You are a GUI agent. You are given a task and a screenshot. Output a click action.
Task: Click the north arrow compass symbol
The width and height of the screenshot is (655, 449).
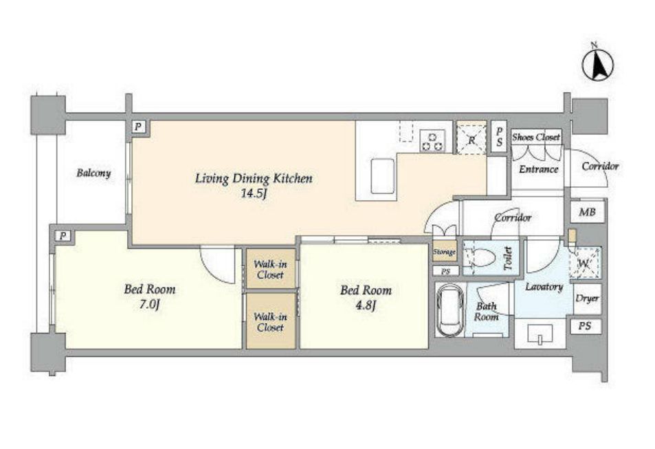click(x=597, y=65)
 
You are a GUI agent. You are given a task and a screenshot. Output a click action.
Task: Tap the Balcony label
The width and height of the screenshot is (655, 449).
click(x=93, y=173)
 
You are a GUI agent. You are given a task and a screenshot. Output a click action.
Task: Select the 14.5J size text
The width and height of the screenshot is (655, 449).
click(x=254, y=194)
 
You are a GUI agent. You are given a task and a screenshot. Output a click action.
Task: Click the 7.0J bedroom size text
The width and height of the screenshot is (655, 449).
click(x=149, y=305)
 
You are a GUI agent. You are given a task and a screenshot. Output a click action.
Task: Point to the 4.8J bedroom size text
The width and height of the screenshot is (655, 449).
click(x=366, y=305)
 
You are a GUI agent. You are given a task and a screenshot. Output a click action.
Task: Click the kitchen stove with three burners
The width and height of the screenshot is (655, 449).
click(x=432, y=141)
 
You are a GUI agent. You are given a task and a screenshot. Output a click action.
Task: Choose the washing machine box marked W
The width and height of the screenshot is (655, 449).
click(x=585, y=263)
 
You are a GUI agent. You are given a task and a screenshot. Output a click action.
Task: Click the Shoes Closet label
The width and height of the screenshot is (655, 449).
click(x=536, y=137)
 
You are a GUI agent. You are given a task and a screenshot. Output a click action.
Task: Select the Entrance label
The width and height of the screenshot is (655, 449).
click(x=538, y=169)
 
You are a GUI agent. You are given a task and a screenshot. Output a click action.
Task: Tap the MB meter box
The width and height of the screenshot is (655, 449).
click(x=587, y=212)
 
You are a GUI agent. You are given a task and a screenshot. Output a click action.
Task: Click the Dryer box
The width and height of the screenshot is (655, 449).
click(x=588, y=298)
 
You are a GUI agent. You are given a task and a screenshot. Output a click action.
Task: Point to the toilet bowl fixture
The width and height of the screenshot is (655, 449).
click(x=480, y=257)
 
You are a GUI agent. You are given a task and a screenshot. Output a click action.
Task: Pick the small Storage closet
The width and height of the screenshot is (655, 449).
click(x=445, y=252)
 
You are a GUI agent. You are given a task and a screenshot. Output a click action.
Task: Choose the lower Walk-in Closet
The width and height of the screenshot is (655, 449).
click(x=270, y=321)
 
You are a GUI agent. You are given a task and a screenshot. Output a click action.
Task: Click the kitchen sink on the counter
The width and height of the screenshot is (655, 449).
click(x=383, y=175)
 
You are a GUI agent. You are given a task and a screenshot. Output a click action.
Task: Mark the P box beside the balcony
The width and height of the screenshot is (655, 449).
click(x=138, y=127)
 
